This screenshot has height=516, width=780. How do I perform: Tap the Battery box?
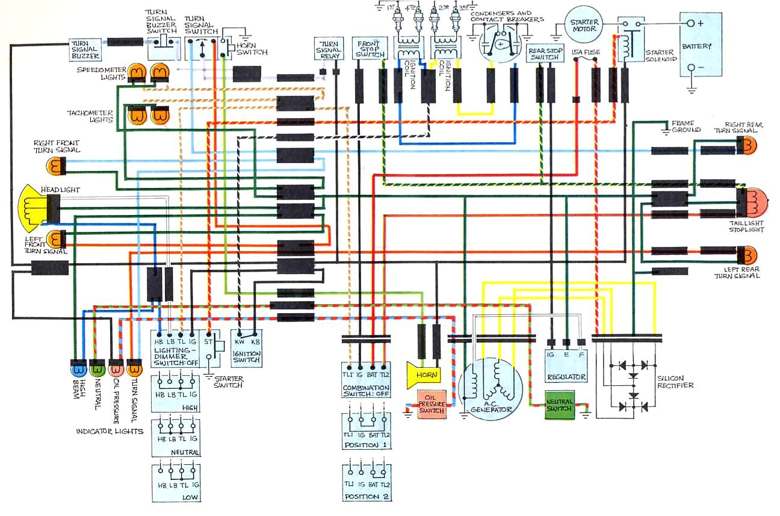(x=701, y=44)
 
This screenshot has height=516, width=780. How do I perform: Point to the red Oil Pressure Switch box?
(x=432, y=403)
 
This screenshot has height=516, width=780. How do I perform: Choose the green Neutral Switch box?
(x=560, y=404)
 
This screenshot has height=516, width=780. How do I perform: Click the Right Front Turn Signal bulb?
(x=55, y=165)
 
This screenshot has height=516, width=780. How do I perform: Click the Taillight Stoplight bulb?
(x=754, y=203)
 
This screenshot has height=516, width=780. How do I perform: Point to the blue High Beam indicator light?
(x=78, y=367)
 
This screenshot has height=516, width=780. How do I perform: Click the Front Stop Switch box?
(x=370, y=48)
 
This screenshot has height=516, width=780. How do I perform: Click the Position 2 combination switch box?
(x=367, y=482)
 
